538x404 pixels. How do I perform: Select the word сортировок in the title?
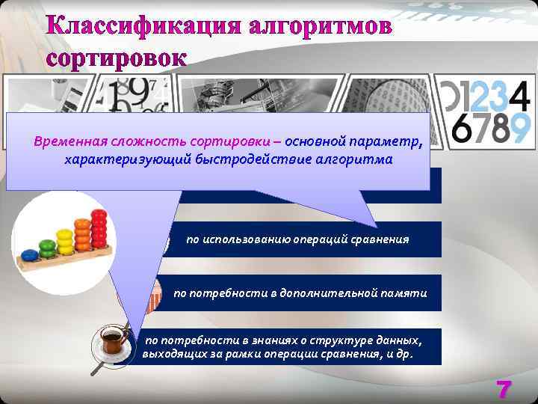(116, 58)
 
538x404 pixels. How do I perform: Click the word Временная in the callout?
(70, 141)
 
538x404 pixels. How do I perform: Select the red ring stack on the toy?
(99, 230)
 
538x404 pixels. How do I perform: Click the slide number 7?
(504, 390)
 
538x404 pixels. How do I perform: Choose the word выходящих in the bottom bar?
(169, 354)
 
